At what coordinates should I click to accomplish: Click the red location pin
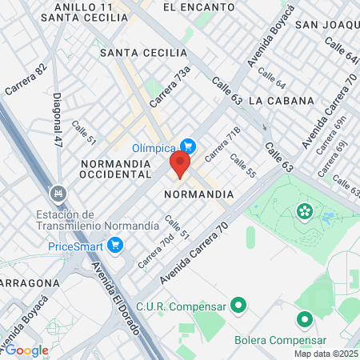(179, 165)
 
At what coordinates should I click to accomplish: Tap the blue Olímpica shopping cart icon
(188, 146)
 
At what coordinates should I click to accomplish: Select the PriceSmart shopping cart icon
(115, 245)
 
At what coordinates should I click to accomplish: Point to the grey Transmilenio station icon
(57, 193)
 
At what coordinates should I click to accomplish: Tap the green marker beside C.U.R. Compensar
(238, 305)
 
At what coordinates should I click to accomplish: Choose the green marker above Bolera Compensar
(304, 320)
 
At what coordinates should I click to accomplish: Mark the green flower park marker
(304, 211)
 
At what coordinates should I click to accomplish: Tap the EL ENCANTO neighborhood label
(190, 6)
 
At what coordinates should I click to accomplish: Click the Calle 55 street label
(242, 166)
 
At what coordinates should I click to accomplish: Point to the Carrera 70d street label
(155, 251)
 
